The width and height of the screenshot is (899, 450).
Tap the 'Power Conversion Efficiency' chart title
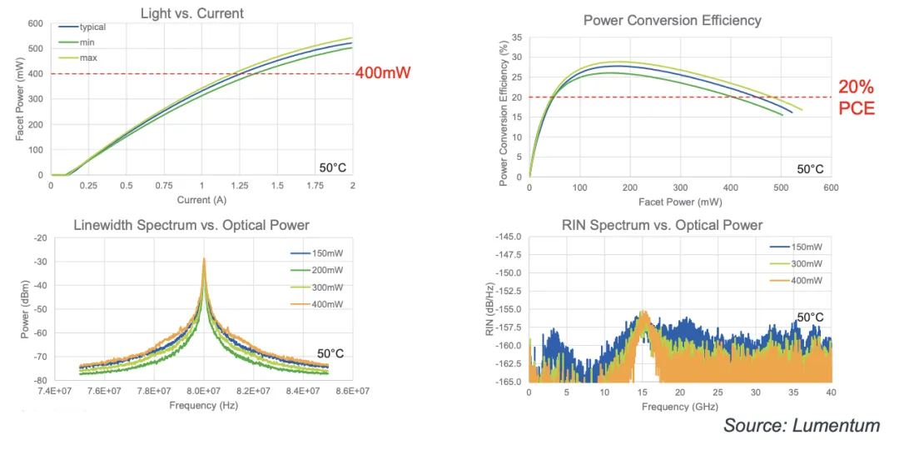pyautogui.click(x=672, y=20)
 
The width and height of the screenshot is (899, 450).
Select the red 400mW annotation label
pyautogui.click(x=384, y=72)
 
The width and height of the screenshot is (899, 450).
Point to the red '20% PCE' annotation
pyautogui.click(x=856, y=97)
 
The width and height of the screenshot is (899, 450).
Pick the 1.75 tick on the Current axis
pyautogui.click(x=315, y=185)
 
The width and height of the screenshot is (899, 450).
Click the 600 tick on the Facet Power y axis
pyautogui.click(x=35, y=23)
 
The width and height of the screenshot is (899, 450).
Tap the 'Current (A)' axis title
pyautogui.click(x=201, y=200)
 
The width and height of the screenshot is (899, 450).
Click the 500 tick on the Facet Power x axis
pyautogui.click(x=780, y=188)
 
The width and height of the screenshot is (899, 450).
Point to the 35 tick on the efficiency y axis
pyautogui.click(x=516, y=37)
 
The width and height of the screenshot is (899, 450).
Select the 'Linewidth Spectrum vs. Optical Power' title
pyautogui.click(x=191, y=225)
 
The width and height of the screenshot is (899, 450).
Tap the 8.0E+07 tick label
pyautogui.click(x=203, y=391)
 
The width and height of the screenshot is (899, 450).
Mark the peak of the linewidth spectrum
pyautogui.click(x=203, y=259)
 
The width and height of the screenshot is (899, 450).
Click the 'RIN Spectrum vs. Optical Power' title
pyautogui.click(x=662, y=225)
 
